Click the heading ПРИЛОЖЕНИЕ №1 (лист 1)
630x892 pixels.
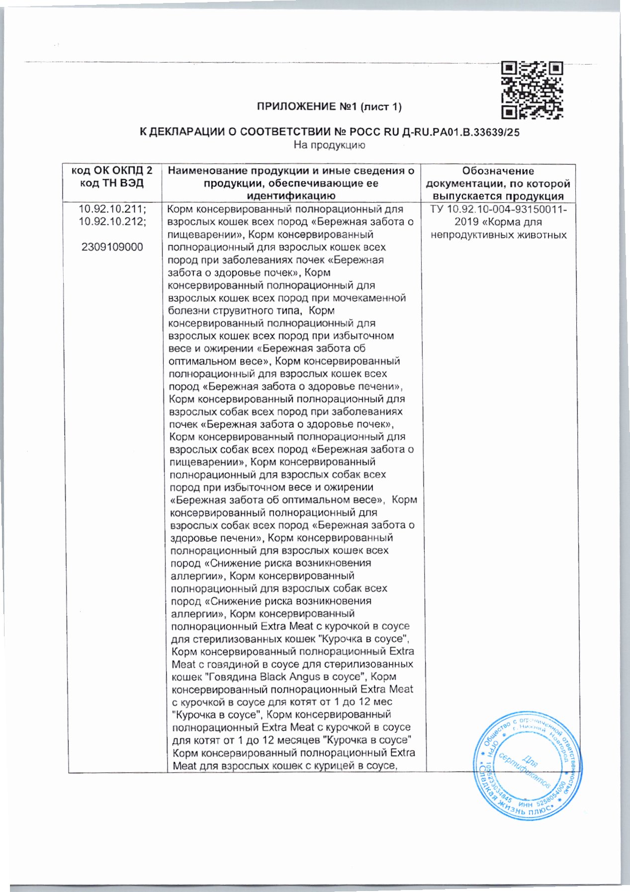[x=329, y=106]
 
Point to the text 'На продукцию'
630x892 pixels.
[x=329, y=145]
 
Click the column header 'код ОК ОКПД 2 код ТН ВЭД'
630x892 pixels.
[x=112, y=177]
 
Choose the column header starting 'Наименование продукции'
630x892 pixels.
[x=291, y=183]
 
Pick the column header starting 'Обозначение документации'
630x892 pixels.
[x=498, y=183]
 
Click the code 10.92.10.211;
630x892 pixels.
[x=112, y=209]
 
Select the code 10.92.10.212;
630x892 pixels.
[x=112, y=222]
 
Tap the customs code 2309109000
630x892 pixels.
[x=112, y=247]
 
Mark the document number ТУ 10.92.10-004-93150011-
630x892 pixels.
[x=498, y=209]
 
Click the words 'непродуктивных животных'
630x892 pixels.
[x=499, y=235]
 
